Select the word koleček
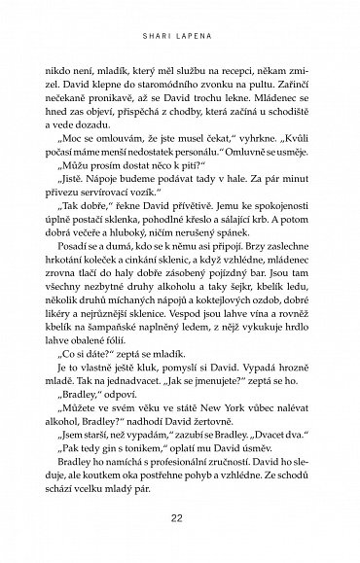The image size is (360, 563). pos(146,313)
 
